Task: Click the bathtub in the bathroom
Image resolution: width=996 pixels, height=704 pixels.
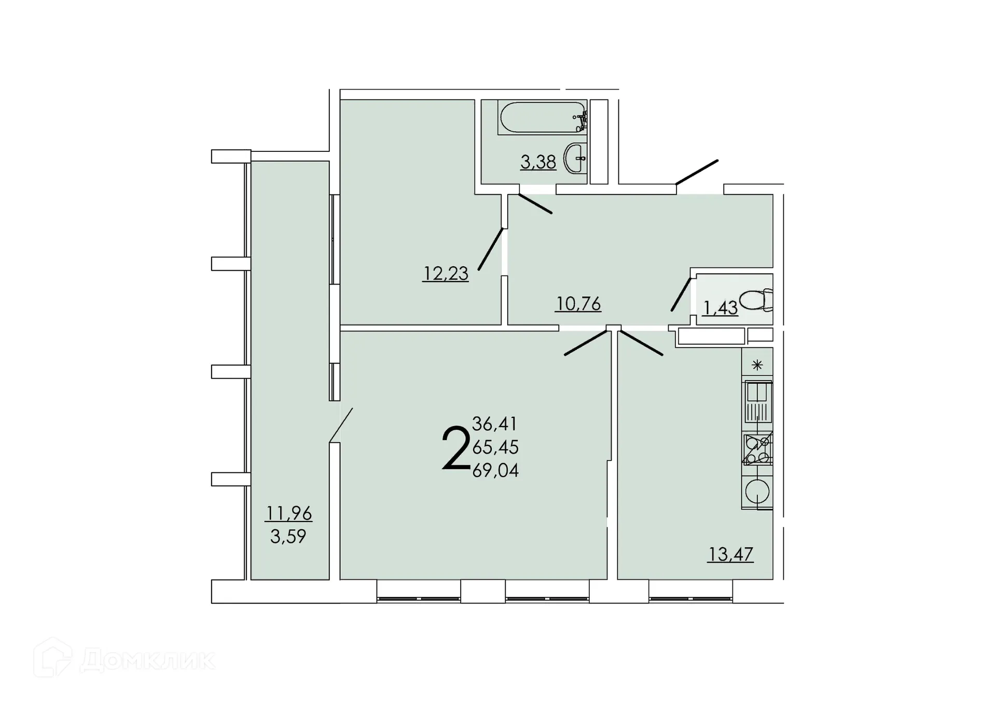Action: click(x=542, y=117)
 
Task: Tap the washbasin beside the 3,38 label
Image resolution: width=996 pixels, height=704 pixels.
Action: click(x=575, y=158)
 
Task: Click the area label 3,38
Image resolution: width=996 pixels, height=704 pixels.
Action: click(x=538, y=162)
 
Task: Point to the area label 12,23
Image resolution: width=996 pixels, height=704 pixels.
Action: click(x=446, y=273)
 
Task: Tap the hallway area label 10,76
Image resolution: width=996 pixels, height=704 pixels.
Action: click(x=578, y=303)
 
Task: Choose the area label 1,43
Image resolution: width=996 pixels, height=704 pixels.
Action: click(x=720, y=308)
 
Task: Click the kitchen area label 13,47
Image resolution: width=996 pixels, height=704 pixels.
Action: click(x=730, y=554)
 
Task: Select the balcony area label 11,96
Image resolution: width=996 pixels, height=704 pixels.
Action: click(x=288, y=513)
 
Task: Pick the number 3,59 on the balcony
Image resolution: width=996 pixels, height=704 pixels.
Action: click(x=288, y=536)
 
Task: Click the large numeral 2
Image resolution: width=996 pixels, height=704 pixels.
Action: click(x=455, y=448)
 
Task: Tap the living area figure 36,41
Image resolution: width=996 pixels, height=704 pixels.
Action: click(x=494, y=424)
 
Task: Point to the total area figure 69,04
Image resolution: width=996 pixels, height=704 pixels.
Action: click(x=495, y=470)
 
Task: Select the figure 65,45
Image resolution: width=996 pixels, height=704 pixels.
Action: click(x=495, y=447)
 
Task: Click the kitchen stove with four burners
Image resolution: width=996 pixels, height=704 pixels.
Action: click(x=757, y=449)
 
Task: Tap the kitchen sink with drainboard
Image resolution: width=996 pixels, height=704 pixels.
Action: click(x=758, y=402)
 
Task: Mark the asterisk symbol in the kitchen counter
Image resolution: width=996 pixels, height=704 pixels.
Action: click(x=757, y=365)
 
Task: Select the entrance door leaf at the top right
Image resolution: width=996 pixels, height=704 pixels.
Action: click(x=697, y=172)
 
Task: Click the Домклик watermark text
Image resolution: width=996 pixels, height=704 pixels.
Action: click(x=148, y=660)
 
